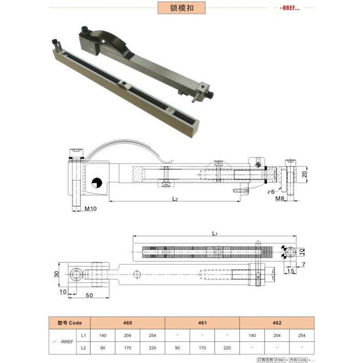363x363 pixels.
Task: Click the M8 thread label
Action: pos(280,198)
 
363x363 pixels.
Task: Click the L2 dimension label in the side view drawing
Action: pos(175,199)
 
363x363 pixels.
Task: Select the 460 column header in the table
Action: pos(128,323)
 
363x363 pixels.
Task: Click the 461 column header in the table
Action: pos(202,323)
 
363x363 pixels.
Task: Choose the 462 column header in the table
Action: pos(277,323)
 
